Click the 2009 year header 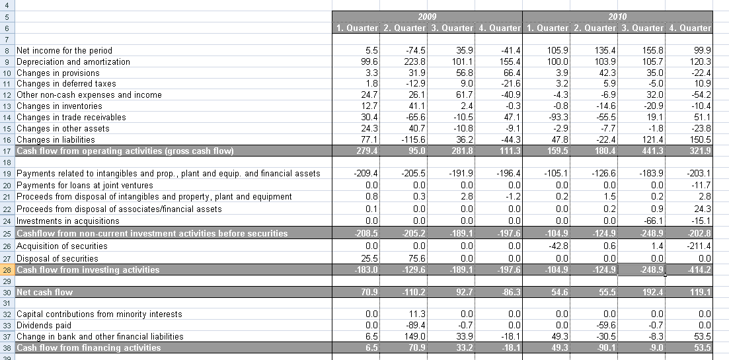tap(427, 17)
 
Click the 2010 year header tap(617, 17)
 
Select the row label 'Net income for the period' tap(64, 50)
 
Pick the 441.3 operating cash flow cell tap(647, 151)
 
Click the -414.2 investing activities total tap(698, 270)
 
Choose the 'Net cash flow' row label tap(44, 292)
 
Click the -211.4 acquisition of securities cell tap(698, 246)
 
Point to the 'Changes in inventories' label tap(59, 106)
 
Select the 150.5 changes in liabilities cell tap(699, 139)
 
